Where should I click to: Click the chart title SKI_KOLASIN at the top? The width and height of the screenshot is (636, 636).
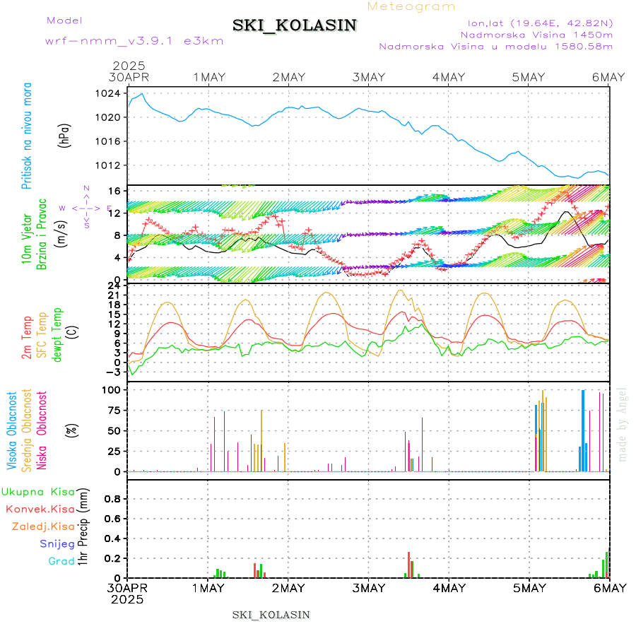[295, 25]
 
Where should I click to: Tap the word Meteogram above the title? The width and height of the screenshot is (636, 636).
[412, 6]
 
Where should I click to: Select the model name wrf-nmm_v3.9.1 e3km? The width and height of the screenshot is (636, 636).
[134, 41]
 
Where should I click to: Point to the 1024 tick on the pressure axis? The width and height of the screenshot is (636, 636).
[108, 93]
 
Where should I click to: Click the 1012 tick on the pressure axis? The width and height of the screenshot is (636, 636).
[108, 165]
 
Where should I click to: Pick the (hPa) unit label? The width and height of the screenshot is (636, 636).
[65, 135]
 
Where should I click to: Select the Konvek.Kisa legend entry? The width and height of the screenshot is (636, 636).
[40, 509]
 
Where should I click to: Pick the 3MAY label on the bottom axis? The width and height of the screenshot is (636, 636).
[367, 588]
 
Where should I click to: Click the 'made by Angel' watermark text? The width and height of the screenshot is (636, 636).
[623, 424]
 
